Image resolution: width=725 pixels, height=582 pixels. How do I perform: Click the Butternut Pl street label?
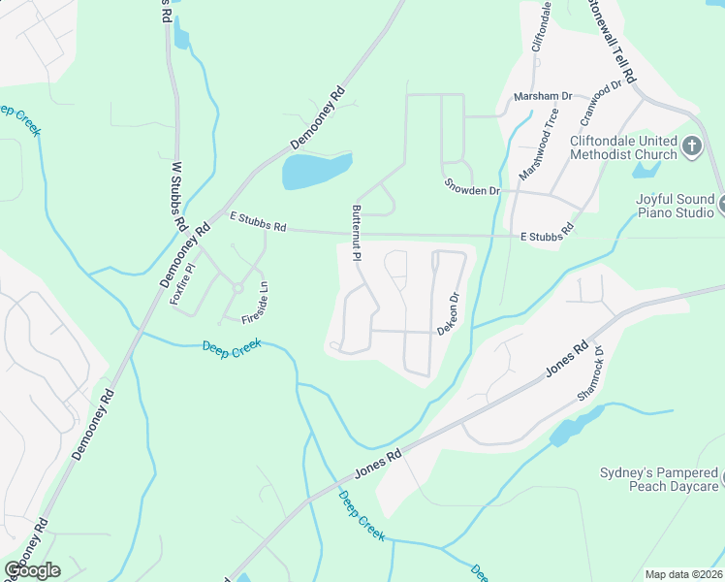pos(357,234)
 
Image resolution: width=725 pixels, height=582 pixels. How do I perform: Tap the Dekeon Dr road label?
pos(447,315)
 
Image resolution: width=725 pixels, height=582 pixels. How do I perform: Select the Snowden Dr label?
pos(471,185)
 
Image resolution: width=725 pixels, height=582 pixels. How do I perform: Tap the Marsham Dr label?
pos(543,97)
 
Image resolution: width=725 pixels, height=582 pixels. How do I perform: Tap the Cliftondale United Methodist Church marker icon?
pos(691,146)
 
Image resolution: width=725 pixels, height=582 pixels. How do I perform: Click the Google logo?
pos(32,570)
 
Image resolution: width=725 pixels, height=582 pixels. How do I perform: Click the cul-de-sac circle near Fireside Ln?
pos(237,288)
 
